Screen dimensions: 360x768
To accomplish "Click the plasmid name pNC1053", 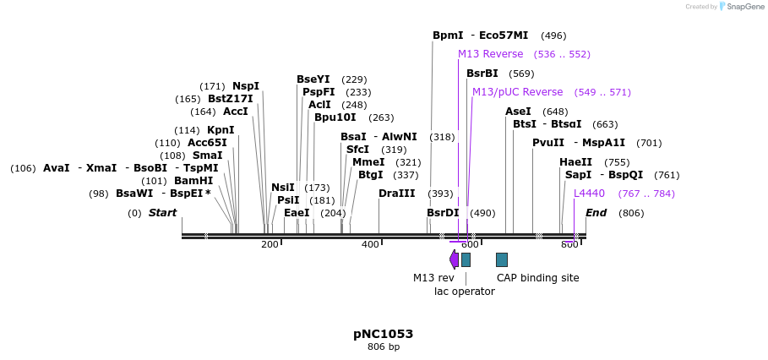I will click(x=383, y=334).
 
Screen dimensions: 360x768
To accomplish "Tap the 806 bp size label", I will click(x=383, y=347).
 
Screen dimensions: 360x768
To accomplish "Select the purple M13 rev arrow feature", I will click(x=454, y=259).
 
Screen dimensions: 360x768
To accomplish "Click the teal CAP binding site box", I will click(x=501, y=259).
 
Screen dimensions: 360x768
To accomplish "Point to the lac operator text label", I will click(x=464, y=292).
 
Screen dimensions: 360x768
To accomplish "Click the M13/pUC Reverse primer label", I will click(x=517, y=92).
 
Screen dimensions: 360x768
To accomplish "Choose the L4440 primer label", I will click(x=589, y=194).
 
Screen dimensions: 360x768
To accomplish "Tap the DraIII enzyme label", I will click(x=396, y=194).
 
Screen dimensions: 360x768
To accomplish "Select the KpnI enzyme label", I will click(x=221, y=130).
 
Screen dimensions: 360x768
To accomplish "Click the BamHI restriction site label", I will click(x=193, y=181).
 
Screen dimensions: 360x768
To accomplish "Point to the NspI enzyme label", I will click(x=246, y=86).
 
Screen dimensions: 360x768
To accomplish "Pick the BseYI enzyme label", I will click(x=313, y=79).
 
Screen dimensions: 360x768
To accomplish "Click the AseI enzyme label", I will click(x=518, y=112).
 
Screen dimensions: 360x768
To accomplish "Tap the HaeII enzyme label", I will click(x=575, y=162).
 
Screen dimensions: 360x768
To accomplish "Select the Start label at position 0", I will click(x=162, y=213).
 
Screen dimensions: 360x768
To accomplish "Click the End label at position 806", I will click(x=596, y=213).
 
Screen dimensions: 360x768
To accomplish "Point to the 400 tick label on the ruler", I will click(x=370, y=245).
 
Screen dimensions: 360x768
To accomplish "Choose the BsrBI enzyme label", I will click(x=482, y=74).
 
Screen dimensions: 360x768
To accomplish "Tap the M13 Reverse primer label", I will click(x=490, y=54).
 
